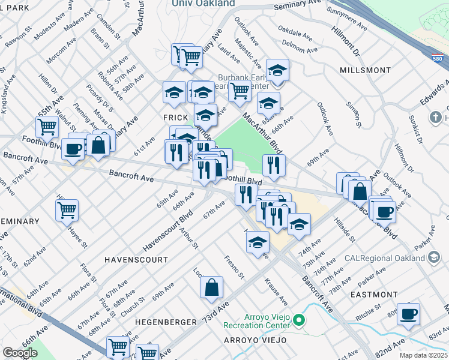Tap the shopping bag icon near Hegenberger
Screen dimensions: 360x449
[212, 289]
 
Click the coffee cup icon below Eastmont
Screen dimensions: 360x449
[408, 314]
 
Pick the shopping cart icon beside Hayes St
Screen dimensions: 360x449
[67, 210]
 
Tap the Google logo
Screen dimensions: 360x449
[20, 353]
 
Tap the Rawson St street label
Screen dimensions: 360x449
[19, 37]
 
